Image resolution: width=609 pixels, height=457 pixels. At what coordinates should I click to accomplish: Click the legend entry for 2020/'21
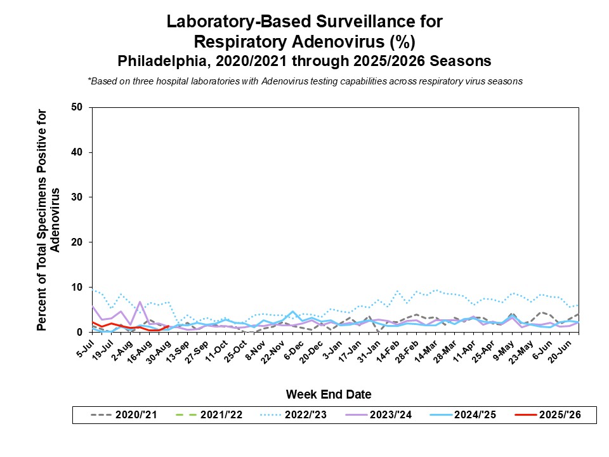[123, 416]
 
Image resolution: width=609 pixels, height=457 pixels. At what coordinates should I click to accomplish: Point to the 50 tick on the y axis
[77, 107]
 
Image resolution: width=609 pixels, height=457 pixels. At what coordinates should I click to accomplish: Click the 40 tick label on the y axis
[77, 152]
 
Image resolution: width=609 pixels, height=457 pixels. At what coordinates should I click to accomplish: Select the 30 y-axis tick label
[77, 197]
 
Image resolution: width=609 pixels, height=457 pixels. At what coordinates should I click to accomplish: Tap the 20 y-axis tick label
[77, 242]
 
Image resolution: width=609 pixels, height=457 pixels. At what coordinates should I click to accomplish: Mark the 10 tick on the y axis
[77, 288]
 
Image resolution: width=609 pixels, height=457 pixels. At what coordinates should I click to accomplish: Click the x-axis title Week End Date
[328, 394]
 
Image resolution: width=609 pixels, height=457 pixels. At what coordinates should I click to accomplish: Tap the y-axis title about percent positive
[49, 220]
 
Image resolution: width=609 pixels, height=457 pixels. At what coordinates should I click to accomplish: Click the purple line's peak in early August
[140, 302]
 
